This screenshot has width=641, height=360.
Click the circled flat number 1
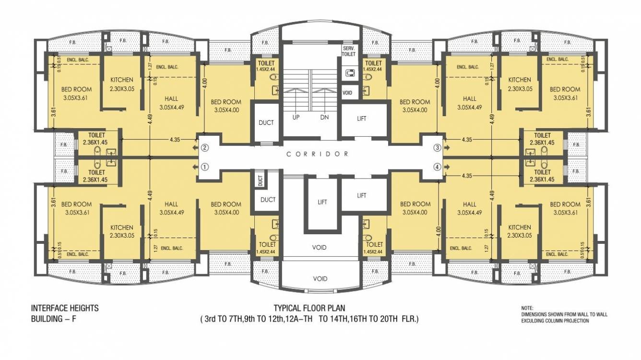(204, 168)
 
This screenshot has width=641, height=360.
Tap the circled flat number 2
(204, 148)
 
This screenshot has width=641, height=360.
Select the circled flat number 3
(437, 148)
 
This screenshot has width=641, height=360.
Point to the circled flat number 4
(437, 168)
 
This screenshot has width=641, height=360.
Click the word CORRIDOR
(317, 154)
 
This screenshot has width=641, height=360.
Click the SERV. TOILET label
(349, 51)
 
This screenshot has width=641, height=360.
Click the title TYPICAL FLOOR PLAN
(309, 308)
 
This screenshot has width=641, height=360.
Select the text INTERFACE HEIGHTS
(65, 308)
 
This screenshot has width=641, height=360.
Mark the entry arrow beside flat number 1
(195, 168)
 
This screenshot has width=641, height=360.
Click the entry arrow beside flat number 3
(446, 148)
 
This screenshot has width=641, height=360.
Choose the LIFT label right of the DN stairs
(362, 118)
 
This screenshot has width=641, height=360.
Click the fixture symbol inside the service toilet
(349, 72)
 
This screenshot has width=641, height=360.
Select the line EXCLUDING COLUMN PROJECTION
(555, 320)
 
